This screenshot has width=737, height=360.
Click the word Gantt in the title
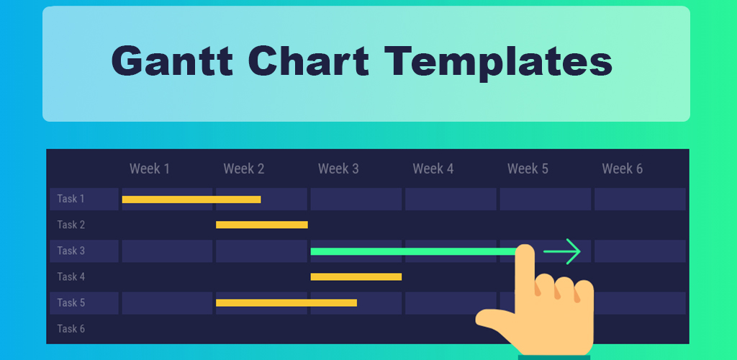click(x=172, y=61)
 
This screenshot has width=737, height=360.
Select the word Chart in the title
click(x=309, y=61)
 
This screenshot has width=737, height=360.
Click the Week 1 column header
click(x=150, y=168)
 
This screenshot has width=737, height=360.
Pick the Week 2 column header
click(x=244, y=168)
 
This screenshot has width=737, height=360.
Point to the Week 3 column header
click(x=338, y=168)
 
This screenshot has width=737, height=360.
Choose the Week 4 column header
click(x=433, y=168)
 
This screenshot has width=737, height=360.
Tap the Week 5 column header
click(x=528, y=168)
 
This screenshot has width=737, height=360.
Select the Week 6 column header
click(x=623, y=168)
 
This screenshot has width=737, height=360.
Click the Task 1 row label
click(x=71, y=199)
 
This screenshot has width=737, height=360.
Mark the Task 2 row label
click(x=71, y=225)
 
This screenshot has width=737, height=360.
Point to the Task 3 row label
click(x=71, y=251)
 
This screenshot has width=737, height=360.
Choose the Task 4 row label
click(x=71, y=276)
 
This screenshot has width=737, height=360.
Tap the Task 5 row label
click(x=71, y=302)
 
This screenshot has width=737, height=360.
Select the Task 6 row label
click(x=71, y=328)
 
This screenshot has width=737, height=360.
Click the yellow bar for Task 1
click(x=191, y=199)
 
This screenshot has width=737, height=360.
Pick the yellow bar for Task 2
click(x=262, y=225)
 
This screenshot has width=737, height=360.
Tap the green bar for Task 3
click(x=414, y=251)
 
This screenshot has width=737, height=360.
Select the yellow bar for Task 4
click(x=356, y=276)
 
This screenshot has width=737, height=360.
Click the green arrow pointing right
click(x=562, y=251)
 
